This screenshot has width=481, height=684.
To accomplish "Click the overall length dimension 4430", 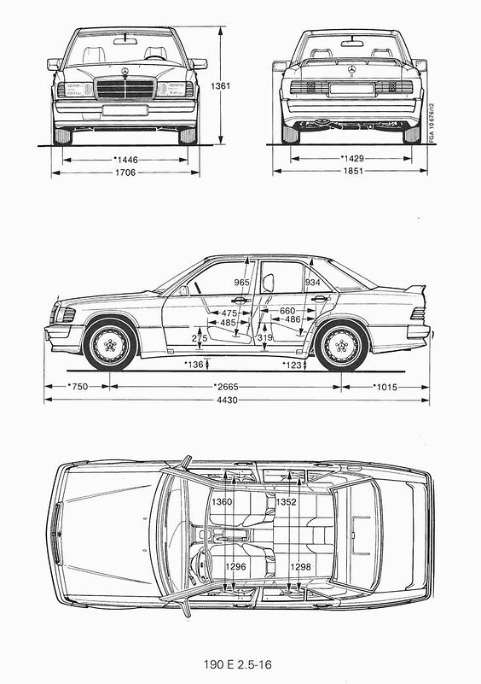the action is point(227,400).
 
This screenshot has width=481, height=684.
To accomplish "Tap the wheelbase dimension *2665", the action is point(226,387).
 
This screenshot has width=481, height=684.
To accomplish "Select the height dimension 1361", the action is point(220,86).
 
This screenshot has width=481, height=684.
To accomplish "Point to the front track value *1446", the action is point(125,160).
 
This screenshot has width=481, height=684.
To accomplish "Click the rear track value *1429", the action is point(351,158).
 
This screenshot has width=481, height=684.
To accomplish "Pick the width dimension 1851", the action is point(353,171).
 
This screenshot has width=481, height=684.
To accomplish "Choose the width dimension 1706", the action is point(125,172).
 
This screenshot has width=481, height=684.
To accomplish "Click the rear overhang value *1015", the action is point(385,387).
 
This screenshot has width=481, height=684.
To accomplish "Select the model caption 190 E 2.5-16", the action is point(237,664).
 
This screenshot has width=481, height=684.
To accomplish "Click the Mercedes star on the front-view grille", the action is point(125,72).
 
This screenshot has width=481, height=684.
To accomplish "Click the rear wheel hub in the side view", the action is point(341,346).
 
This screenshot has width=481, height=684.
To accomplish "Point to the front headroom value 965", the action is point(241,283).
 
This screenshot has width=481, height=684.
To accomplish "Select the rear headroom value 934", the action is point(312,283).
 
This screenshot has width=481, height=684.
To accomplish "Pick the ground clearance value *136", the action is point(194,365).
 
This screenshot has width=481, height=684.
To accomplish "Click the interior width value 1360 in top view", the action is point(222,502).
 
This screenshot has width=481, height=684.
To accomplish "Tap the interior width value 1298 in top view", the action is point(300,567).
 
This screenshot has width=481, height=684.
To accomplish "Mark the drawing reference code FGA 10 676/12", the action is point(432,124).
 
